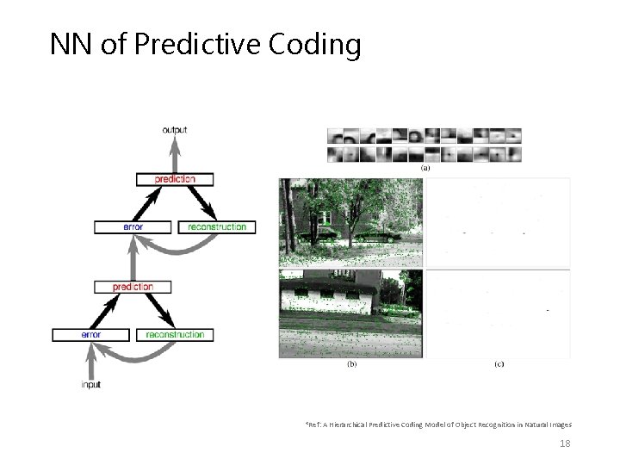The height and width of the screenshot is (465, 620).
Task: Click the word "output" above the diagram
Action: [174, 130]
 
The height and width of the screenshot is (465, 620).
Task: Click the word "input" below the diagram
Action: [90, 385]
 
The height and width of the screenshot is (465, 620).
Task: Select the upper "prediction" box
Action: [175, 179]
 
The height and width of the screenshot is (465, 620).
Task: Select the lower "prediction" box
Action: [133, 287]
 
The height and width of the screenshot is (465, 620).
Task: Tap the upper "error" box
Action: [133, 227]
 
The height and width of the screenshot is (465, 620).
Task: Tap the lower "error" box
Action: [90, 334]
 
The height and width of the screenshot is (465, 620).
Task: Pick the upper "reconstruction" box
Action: [216, 227]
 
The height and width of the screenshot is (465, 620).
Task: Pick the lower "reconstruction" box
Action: [175, 334]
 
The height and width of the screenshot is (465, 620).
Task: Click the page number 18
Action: [565, 443]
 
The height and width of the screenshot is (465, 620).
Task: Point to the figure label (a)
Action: [425, 169]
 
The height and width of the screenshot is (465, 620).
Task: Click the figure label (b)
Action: [352, 364]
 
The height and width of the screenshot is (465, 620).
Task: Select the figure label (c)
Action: [499, 364]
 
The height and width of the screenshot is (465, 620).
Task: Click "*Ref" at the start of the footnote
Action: [313, 425]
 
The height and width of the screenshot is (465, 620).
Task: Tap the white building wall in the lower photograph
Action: [344, 303]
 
